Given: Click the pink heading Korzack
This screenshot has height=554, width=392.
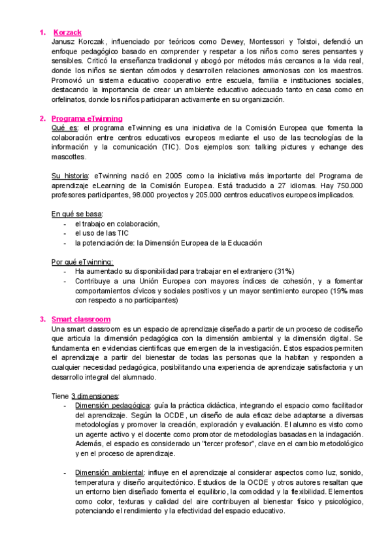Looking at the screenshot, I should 67,32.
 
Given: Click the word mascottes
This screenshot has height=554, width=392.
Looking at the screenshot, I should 68,157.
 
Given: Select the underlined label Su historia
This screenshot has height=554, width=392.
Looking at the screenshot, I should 70,176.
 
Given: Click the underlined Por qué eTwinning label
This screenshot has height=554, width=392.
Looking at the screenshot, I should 82,262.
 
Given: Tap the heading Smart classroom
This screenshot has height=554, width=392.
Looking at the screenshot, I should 82,319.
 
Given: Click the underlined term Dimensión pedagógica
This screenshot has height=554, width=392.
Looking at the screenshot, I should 112,406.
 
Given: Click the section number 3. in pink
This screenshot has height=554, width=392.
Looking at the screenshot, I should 42,319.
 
